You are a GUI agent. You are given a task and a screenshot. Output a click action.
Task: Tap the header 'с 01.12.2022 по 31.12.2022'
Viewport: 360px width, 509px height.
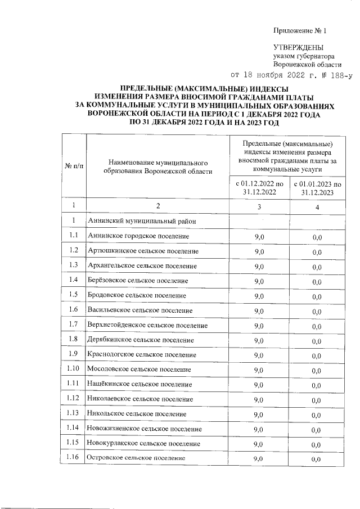click(x=259, y=188)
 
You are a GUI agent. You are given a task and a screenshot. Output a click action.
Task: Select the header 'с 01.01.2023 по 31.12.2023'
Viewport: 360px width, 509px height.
click(x=317, y=188)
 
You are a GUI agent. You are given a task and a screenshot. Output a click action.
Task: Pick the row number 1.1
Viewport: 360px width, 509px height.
click(x=74, y=236)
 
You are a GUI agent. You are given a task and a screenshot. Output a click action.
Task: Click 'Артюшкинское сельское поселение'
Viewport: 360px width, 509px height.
click(x=142, y=251)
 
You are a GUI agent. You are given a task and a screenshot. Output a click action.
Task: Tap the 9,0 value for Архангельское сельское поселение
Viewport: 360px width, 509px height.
click(x=259, y=266)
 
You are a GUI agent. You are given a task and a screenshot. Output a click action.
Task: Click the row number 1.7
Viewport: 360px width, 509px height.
click(x=74, y=325)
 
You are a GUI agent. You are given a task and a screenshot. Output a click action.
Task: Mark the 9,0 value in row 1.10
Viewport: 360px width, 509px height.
click(x=259, y=370)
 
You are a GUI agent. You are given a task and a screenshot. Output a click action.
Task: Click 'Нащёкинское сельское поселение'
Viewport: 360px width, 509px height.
click(x=139, y=384)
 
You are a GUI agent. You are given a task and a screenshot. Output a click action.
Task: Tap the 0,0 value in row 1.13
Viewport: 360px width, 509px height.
click(x=317, y=415)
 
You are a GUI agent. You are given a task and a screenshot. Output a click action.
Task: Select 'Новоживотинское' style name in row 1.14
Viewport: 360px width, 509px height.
click(x=144, y=429)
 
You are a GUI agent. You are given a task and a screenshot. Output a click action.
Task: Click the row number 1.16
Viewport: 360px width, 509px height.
click(x=74, y=458)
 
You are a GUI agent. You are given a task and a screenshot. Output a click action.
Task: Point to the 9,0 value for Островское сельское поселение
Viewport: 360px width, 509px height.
click(x=259, y=460)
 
